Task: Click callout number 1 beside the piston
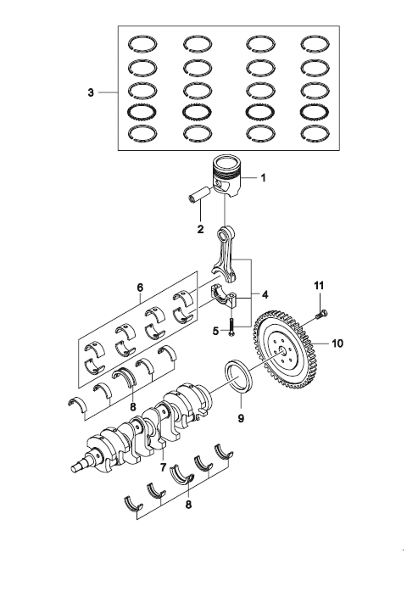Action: coord(263,177)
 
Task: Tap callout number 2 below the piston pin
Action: coord(200,229)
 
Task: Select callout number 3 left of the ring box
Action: coord(91,92)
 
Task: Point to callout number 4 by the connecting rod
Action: coord(265,294)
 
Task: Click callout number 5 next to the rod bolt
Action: coord(215,331)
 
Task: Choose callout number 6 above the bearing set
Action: coord(140,288)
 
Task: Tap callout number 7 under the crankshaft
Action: coord(163,467)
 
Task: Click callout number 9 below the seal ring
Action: coord(241,418)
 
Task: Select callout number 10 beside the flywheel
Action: coord(337,343)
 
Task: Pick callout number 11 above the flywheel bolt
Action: coord(320,286)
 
